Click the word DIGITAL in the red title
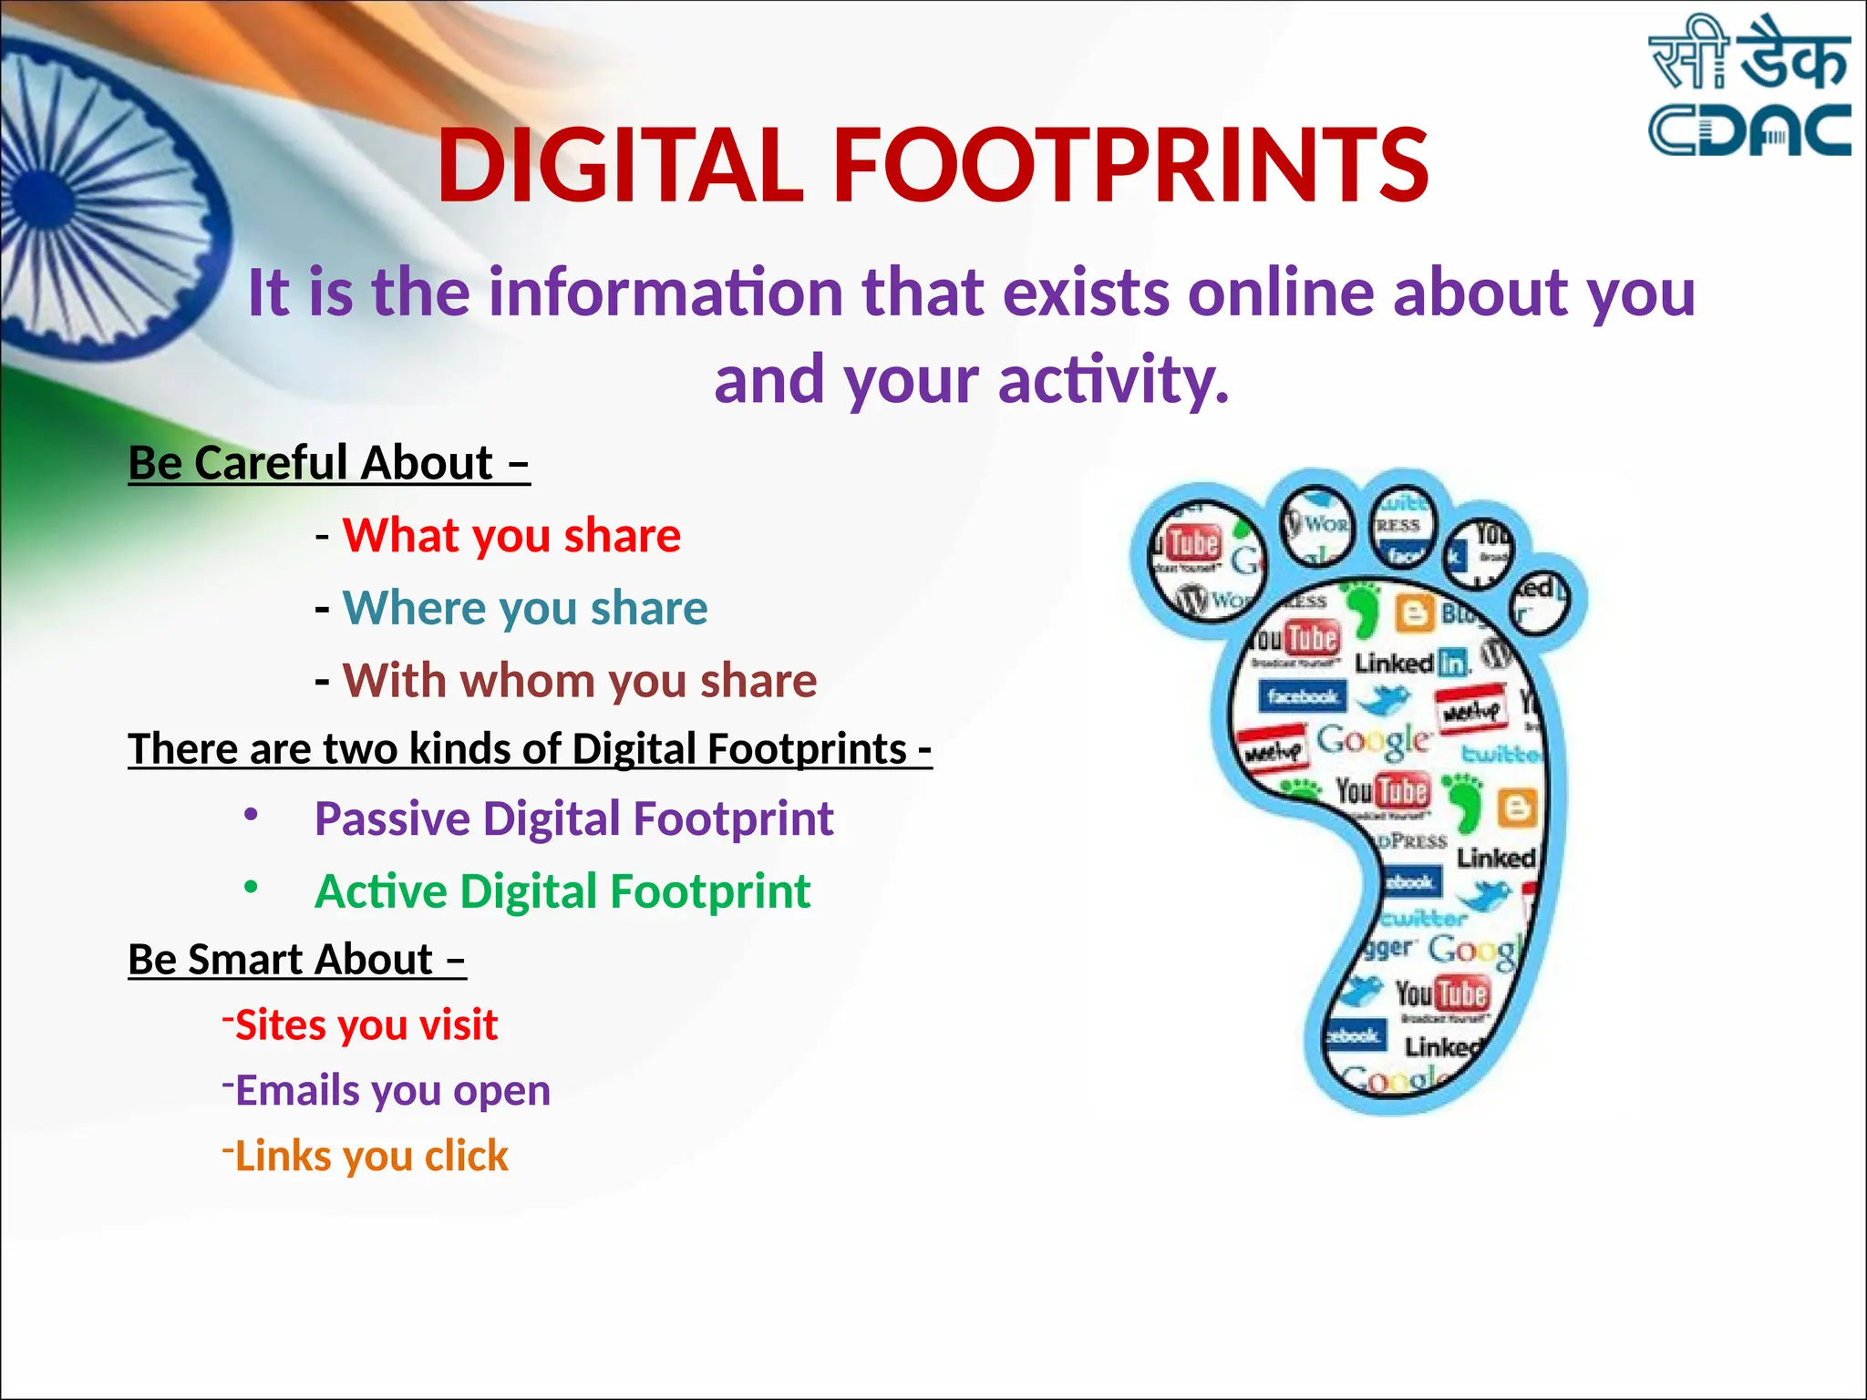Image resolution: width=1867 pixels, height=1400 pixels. pos(620,166)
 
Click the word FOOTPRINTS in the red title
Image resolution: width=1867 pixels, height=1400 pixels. pos(1130,166)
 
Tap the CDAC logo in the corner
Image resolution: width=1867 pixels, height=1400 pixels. pos(1748,87)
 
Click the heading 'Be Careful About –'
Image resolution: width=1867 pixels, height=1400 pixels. pos(328,463)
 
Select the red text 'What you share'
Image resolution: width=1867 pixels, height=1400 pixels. pos(511,535)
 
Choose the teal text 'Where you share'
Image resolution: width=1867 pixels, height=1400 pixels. pos(524,608)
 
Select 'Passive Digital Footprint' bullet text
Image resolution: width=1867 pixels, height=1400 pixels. pos(573,818)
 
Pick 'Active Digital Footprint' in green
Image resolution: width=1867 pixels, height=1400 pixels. pos(562,891)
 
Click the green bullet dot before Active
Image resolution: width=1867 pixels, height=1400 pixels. pos(251,887)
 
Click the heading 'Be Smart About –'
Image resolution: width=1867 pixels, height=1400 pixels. pos(296,960)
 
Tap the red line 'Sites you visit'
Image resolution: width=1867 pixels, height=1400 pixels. pos(366,1025)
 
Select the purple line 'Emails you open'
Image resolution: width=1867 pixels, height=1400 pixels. pos(392,1091)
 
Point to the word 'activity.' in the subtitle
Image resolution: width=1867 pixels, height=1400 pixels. pos(1114,380)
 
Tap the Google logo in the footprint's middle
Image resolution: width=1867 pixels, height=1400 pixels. pos(1373,740)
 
